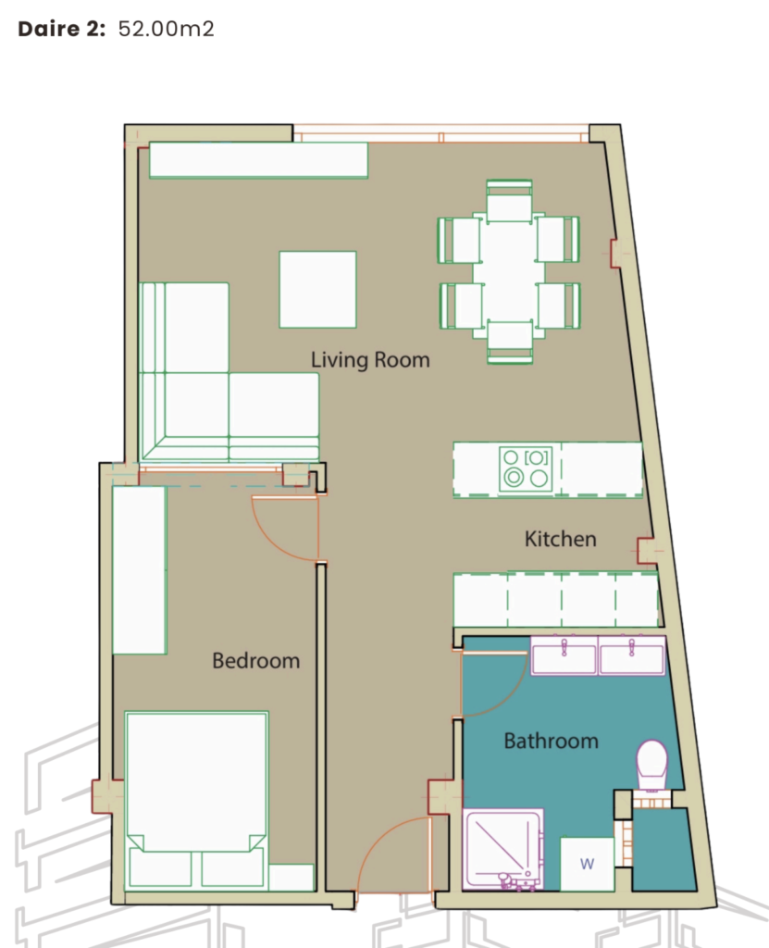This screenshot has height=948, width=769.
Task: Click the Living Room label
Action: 370,360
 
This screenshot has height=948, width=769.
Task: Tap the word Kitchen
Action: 561,539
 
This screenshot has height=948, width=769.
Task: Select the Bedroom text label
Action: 255,660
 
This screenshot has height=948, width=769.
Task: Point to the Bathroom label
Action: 551,741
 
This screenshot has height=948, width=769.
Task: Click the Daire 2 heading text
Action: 62,29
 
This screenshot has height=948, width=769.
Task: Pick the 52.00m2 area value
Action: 167,29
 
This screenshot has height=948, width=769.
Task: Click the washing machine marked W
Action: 587,864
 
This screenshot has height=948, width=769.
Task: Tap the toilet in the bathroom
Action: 652,765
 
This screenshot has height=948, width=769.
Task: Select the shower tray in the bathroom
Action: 503,850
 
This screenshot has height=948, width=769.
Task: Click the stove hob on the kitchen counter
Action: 526,468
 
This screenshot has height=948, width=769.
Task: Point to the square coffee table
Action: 317,290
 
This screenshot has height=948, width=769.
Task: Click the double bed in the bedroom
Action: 196,800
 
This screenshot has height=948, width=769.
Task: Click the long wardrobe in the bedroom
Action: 140,570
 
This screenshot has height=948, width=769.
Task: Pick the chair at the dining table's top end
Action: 510,200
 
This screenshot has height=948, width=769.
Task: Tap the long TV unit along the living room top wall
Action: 259,160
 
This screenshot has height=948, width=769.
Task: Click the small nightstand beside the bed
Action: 291,878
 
